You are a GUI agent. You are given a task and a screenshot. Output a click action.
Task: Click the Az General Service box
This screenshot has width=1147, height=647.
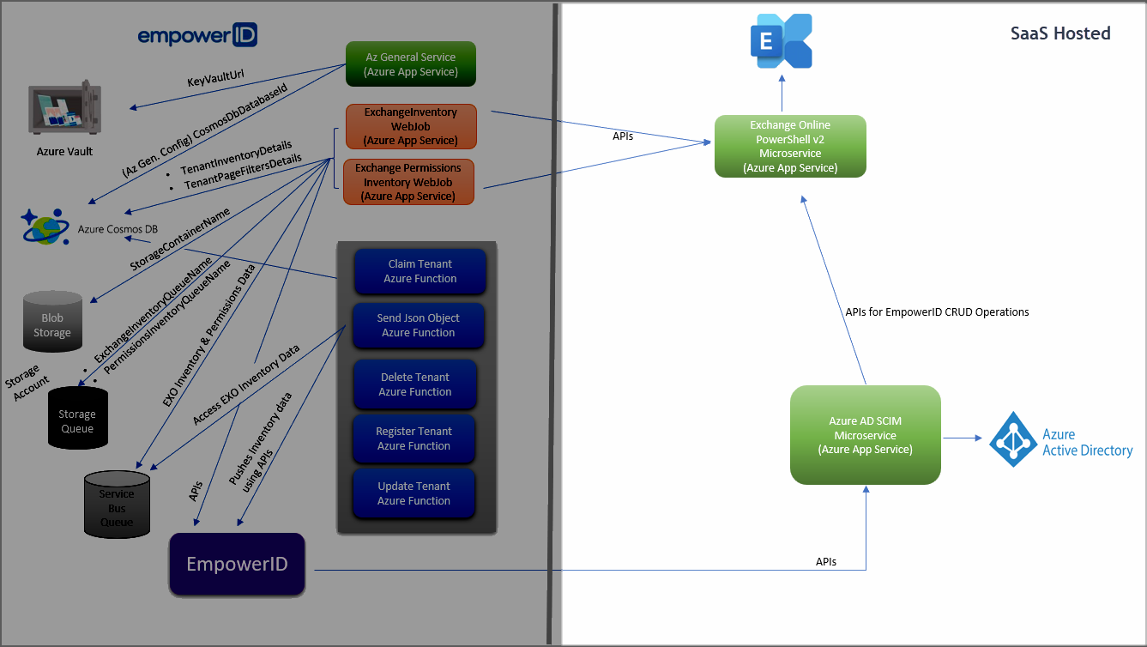410,64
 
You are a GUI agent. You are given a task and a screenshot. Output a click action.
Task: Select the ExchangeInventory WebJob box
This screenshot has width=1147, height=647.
410,126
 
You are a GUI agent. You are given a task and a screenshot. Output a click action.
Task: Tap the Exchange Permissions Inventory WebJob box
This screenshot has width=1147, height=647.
408,182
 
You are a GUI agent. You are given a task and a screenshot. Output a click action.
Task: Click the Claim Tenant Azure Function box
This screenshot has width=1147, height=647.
420,271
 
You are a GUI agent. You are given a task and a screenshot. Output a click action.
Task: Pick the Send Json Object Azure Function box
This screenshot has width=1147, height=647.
418,325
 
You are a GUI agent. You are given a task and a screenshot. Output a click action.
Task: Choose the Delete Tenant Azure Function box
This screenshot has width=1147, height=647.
415,384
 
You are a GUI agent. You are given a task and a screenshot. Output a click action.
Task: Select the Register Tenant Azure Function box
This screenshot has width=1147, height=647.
414,438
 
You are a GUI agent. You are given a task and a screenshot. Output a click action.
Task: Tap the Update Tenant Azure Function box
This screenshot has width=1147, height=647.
414,493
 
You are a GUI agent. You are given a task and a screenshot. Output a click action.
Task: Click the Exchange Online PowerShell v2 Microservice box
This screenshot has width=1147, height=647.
790,146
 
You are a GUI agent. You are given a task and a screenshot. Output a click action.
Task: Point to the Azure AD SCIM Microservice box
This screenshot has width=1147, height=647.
865,435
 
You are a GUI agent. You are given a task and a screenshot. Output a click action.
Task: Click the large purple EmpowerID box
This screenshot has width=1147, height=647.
237,565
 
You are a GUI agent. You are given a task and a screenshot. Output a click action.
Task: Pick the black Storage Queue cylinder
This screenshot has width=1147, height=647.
77,417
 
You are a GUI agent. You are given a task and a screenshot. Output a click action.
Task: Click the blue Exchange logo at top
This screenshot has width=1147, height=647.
781,41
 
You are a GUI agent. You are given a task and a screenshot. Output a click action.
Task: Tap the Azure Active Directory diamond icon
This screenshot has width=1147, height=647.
1013,439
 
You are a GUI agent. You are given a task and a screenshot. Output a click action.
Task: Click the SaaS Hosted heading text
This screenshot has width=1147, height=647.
1059,33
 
